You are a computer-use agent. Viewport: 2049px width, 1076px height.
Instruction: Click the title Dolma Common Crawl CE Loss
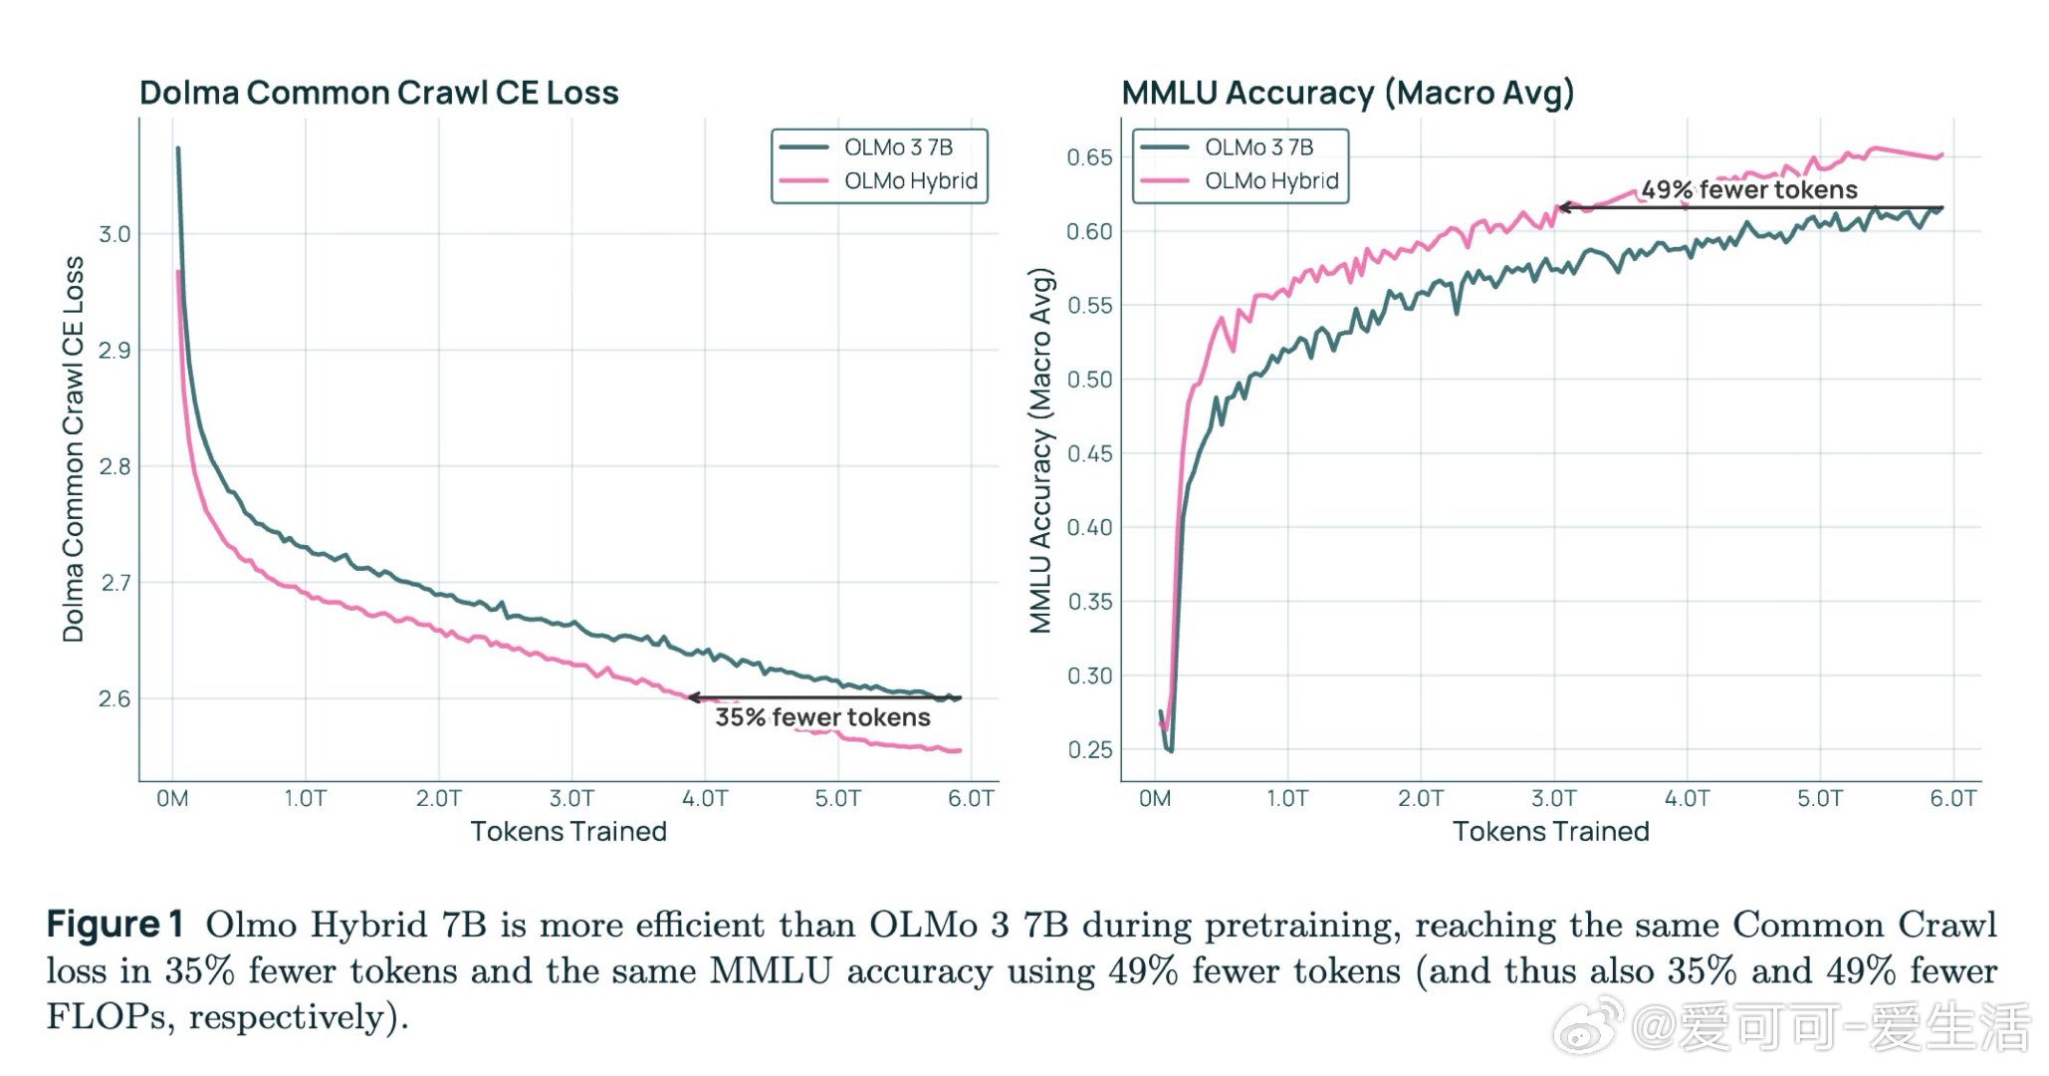[378, 93]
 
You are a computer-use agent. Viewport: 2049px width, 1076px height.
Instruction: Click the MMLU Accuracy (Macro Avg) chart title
[1347, 93]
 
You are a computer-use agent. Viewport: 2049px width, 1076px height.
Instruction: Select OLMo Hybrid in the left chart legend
[910, 181]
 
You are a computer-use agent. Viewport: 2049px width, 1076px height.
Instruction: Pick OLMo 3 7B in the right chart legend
[1258, 147]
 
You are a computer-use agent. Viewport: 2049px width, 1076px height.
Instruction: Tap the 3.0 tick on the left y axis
[114, 234]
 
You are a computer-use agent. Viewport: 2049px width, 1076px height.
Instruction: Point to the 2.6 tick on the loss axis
[114, 698]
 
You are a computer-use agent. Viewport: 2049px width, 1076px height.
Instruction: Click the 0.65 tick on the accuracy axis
[1089, 157]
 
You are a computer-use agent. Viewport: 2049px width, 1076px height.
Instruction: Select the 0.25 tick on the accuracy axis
[1089, 749]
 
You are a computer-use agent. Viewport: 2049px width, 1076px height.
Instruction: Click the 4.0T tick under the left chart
[705, 799]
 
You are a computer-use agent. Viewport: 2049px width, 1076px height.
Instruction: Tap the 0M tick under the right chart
[1155, 799]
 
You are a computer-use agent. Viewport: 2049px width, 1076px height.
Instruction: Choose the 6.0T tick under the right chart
[1953, 799]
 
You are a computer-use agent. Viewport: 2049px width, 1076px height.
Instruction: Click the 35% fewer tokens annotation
[822, 717]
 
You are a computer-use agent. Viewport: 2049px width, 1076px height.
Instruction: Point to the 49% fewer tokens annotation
[1749, 189]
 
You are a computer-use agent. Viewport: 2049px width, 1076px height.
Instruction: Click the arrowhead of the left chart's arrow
[693, 697]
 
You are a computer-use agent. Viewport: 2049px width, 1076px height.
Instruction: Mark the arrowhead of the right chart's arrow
[1564, 207]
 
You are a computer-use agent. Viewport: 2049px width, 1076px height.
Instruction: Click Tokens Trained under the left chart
[569, 832]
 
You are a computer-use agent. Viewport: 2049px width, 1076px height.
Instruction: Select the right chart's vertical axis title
[1040, 450]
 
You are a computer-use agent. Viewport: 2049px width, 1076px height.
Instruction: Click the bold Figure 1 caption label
[114, 925]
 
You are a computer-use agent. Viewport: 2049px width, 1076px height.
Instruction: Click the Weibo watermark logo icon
[1588, 1027]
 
